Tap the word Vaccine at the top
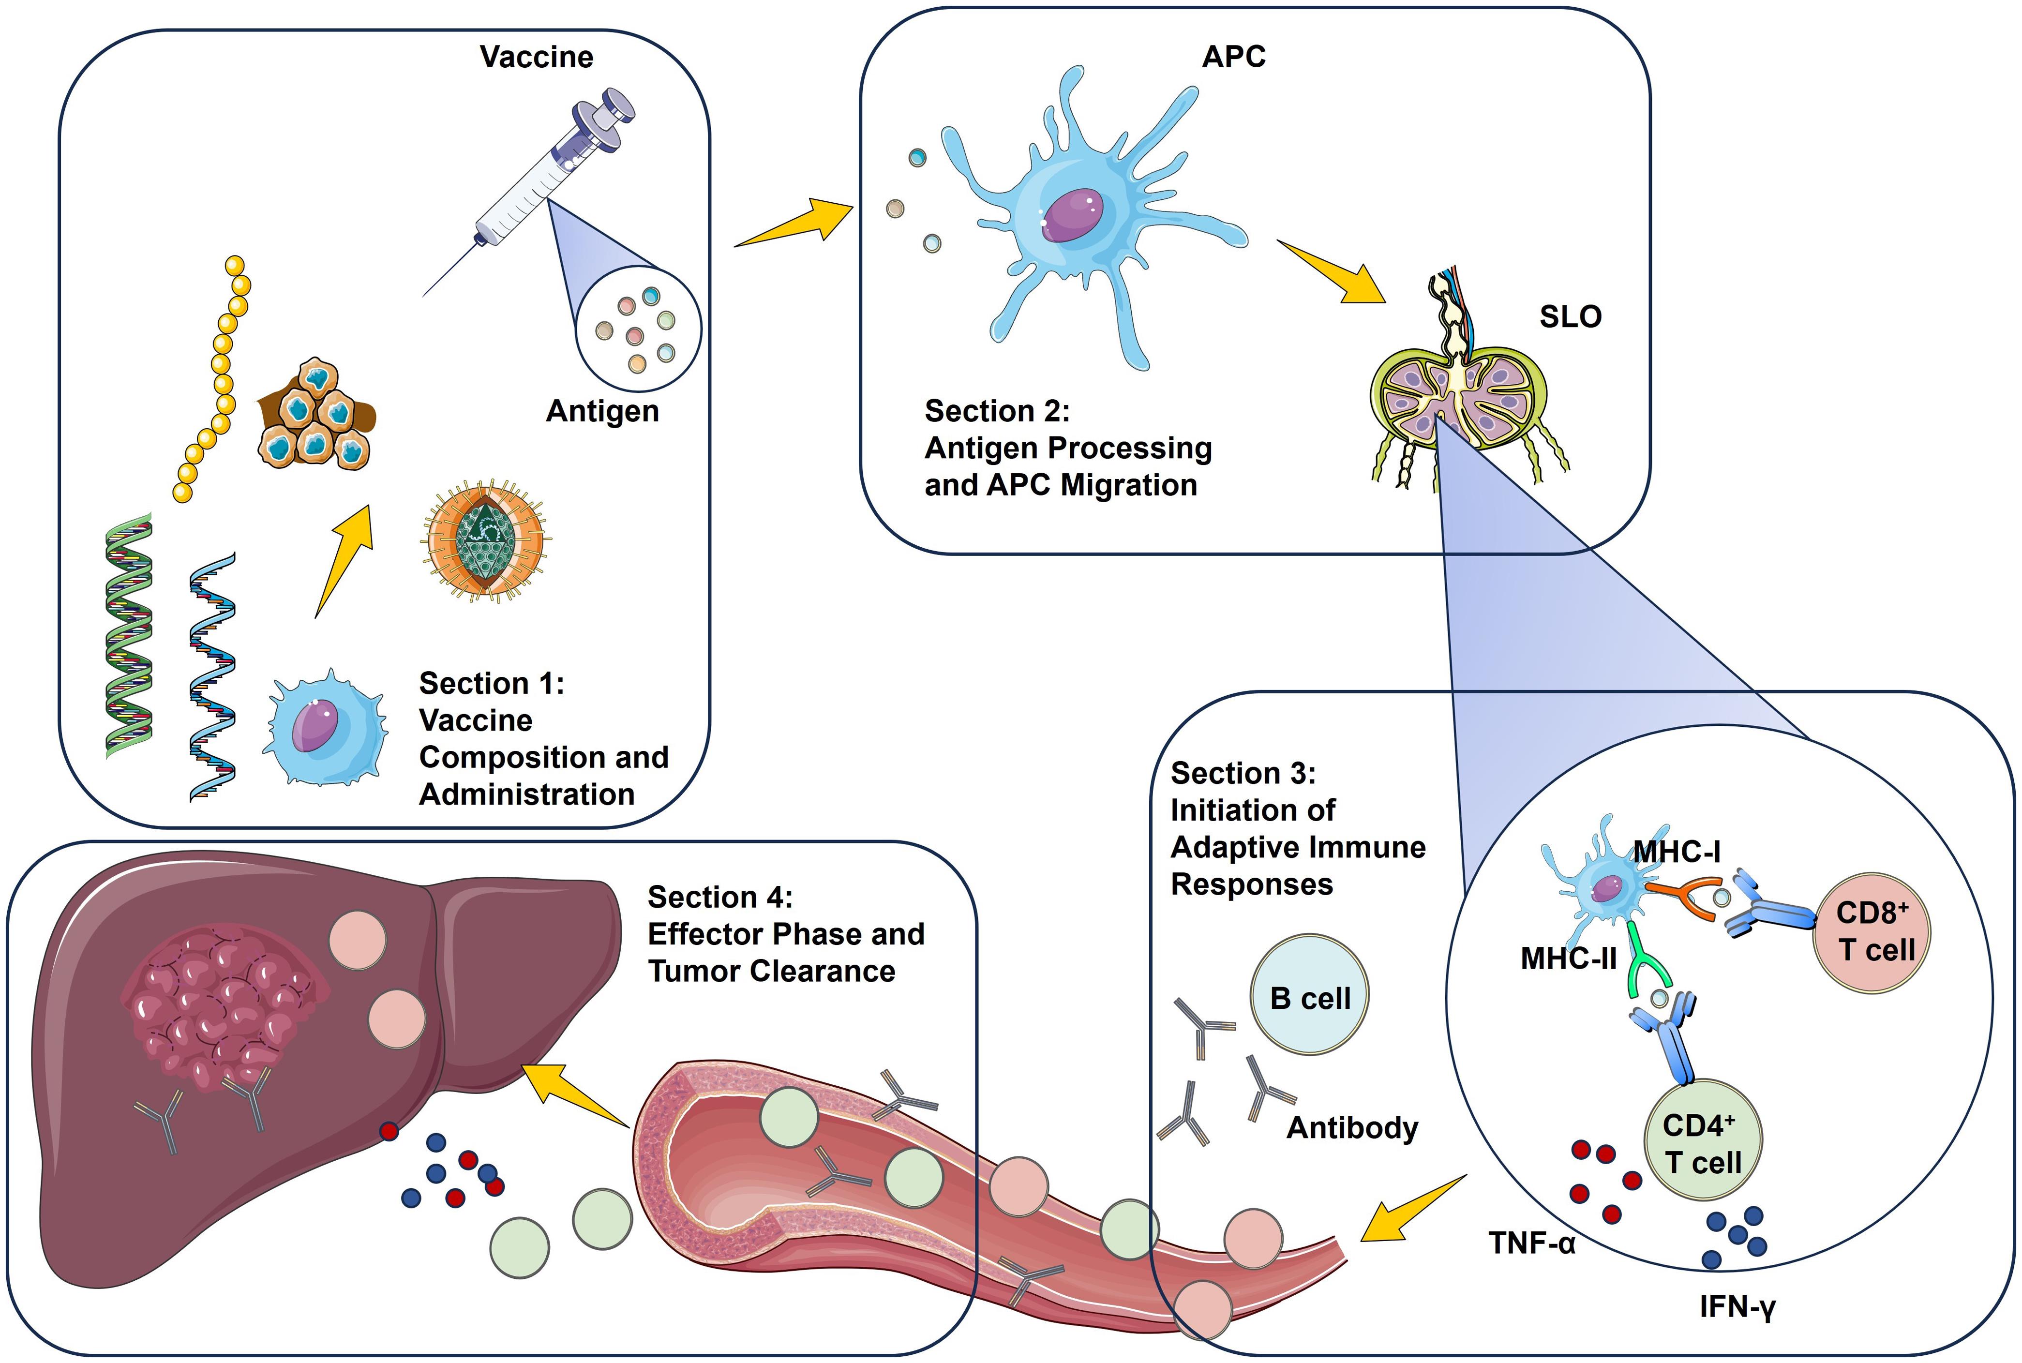click(x=537, y=58)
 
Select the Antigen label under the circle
click(x=602, y=411)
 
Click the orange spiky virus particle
click(x=486, y=539)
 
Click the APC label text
click(x=1233, y=58)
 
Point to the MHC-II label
click(x=1568, y=959)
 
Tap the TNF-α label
click(x=1532, y=1243)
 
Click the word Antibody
click(x=1352, y=1127)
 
